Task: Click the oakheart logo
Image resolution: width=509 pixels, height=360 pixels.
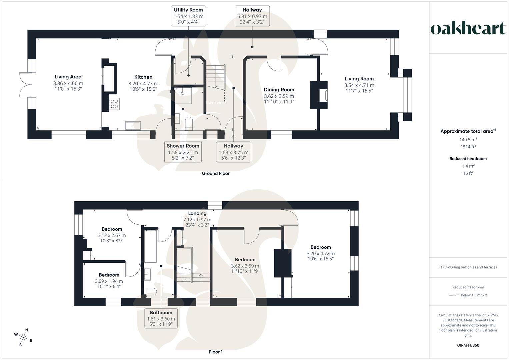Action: (468, 29)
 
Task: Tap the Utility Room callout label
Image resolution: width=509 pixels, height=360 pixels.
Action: (188, 16)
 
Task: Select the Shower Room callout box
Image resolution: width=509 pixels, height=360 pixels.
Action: (183, 152)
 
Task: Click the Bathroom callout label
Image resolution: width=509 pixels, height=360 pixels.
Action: (161, 318)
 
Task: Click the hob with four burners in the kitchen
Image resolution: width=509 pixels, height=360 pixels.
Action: (114, 104)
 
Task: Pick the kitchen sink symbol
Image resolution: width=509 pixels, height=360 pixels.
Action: (133, 126)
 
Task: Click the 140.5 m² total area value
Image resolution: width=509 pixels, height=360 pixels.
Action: (468, 140)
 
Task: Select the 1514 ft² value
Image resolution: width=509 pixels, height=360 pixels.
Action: (468, 147)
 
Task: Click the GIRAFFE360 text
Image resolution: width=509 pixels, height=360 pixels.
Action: (468, 345)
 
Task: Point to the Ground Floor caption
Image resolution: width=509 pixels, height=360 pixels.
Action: (216, 173)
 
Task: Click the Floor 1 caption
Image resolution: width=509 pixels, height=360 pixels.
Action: (216, 352)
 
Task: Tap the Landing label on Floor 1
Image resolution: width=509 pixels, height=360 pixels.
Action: (197, 213)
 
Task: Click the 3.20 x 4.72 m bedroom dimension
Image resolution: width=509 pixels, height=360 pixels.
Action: (320, 253)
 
